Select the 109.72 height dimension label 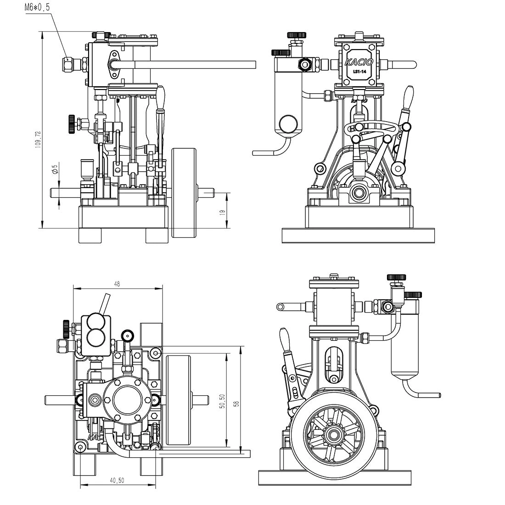coord(38,139)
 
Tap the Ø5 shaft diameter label coord(55,169)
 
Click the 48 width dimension coord(117,284)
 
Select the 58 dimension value coord(236,404)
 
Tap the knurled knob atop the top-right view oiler coord(297,35)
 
